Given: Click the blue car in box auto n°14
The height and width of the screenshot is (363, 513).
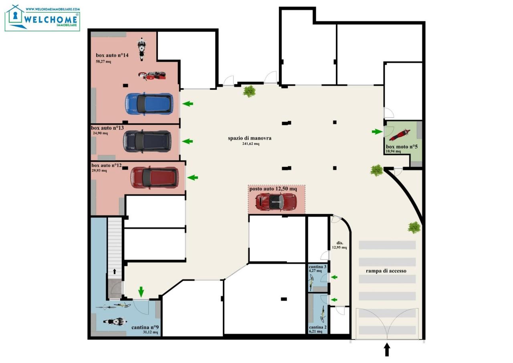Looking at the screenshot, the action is tap(149, 104).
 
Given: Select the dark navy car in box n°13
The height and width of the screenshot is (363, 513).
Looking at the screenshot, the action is tap(147, 141).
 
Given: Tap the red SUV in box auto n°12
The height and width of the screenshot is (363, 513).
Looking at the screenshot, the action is tap(154, 177).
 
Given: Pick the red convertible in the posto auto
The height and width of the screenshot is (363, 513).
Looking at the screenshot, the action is tap(276, 202).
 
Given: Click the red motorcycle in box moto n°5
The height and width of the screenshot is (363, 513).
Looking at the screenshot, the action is tap(400, 135).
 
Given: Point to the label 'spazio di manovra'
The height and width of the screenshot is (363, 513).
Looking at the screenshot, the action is tap(250, 138).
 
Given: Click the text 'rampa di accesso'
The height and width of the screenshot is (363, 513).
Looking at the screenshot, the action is tap(386, 271).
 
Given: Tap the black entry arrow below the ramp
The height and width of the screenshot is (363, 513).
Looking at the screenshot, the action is tap(387, 349).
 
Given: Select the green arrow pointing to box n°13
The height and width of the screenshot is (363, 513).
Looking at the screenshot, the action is tap(187, 141).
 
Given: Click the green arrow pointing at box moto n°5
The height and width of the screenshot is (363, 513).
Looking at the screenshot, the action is tap(377, 132).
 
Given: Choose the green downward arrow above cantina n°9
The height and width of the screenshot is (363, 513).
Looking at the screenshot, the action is tap(141, 292).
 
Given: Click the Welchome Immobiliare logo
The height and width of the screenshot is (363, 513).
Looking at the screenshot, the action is tap(42, 18).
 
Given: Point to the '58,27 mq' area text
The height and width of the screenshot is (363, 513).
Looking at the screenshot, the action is tap(103, 61).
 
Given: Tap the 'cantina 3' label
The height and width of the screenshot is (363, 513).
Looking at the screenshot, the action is tap(317, 267).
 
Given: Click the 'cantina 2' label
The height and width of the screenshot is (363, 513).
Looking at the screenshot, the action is tap(318, 327).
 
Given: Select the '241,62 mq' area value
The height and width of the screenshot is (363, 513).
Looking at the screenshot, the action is tap(251, 144).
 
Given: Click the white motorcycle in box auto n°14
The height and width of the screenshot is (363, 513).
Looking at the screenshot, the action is tap(142, 49).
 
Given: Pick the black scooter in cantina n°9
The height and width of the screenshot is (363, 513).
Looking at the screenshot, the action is tap(115, 322).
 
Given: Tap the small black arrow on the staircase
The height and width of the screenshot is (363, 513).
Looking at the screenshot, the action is tap(115, 271).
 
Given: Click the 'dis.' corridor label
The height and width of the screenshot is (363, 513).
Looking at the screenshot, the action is tap(340, 243).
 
